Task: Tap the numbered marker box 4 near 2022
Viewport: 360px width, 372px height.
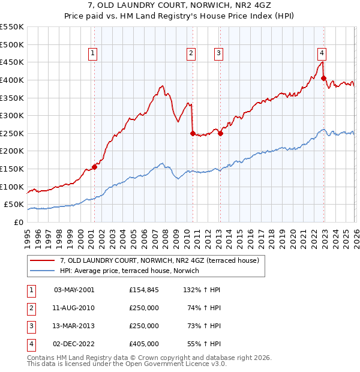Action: (322, 52)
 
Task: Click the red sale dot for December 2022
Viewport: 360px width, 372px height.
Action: (323, 78)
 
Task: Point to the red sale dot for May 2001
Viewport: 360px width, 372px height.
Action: (94, 167)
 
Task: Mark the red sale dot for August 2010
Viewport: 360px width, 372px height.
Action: (193, 133)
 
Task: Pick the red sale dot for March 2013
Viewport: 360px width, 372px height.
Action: (220, 133)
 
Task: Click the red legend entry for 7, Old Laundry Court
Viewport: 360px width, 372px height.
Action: (159, 260)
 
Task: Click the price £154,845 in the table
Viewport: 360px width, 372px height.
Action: (144, 290)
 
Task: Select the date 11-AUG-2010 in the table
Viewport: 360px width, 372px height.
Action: (74, 308)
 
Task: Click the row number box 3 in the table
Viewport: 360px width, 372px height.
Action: (31, 326)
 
